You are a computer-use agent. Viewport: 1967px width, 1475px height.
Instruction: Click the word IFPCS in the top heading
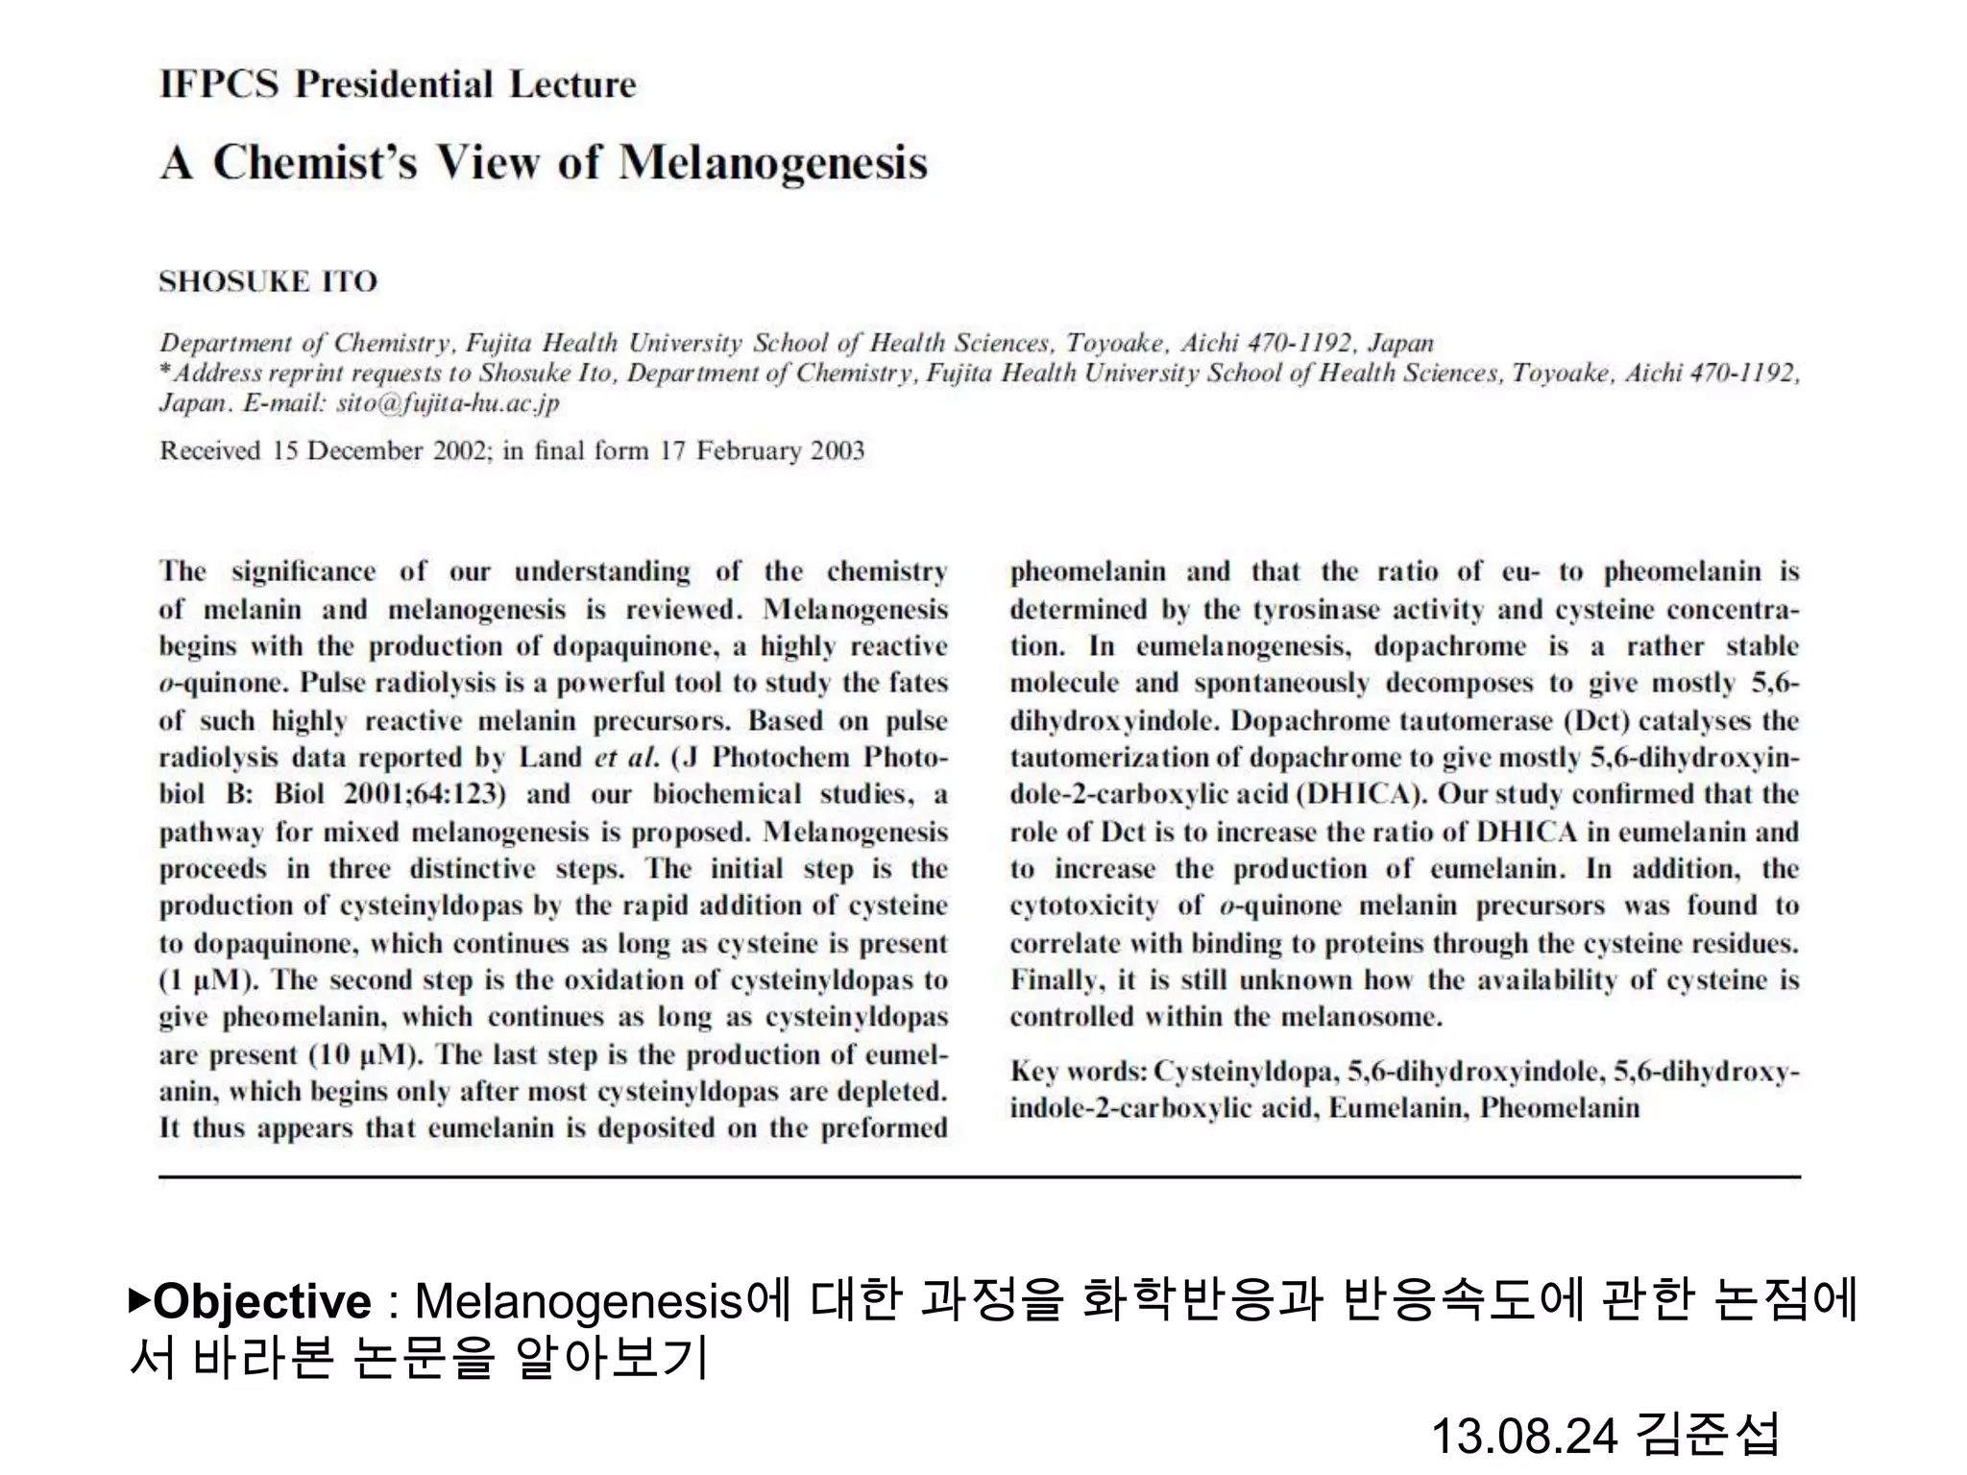point(219,85)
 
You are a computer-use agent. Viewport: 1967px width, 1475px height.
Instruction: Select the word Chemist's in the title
point(315,162)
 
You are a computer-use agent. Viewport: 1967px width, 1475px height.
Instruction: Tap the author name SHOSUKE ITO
point(268,281)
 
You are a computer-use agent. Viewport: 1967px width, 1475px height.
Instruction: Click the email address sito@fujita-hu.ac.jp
point(448,402)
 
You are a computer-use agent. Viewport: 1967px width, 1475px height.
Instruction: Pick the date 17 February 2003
point(762,450)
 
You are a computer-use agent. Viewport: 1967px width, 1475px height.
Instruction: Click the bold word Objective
point(262,1302)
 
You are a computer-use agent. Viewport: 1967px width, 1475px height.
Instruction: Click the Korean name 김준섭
point(1708,1435)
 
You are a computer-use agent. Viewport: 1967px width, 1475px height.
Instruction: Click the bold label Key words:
point(1079,1072)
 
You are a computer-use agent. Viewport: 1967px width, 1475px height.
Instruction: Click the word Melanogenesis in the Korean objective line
point(579,1302)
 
